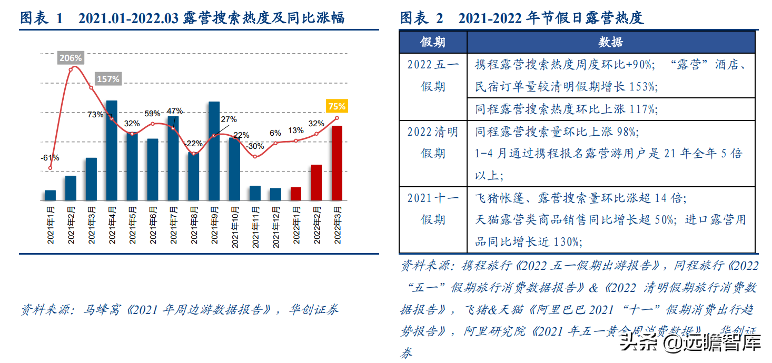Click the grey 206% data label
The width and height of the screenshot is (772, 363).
pos(71,58)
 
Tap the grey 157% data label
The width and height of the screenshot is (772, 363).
pos(108,79)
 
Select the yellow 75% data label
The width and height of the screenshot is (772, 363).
pos(337,106)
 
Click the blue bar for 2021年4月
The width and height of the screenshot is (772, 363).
pos(112,150)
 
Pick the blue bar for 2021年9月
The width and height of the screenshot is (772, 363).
pos(214,151)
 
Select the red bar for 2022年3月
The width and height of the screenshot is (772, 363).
pos(336,163)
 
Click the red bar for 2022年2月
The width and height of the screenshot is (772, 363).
pos(316,182)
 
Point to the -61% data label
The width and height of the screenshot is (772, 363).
pos(50,157)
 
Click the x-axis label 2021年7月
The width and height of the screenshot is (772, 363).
pos(173,226)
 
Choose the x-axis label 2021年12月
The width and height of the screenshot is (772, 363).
pos(275,226)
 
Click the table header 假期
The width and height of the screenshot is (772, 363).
pos(433,42)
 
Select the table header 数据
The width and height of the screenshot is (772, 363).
pos(610,42)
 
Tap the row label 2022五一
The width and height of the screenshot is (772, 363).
pos(433,65)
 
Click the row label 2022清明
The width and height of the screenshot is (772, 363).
pos(433,132)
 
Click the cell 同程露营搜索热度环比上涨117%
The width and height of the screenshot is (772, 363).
pos(567,109)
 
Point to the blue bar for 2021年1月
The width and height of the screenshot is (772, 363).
pos(50,195)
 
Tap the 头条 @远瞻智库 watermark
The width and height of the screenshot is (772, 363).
pos(690,344)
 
